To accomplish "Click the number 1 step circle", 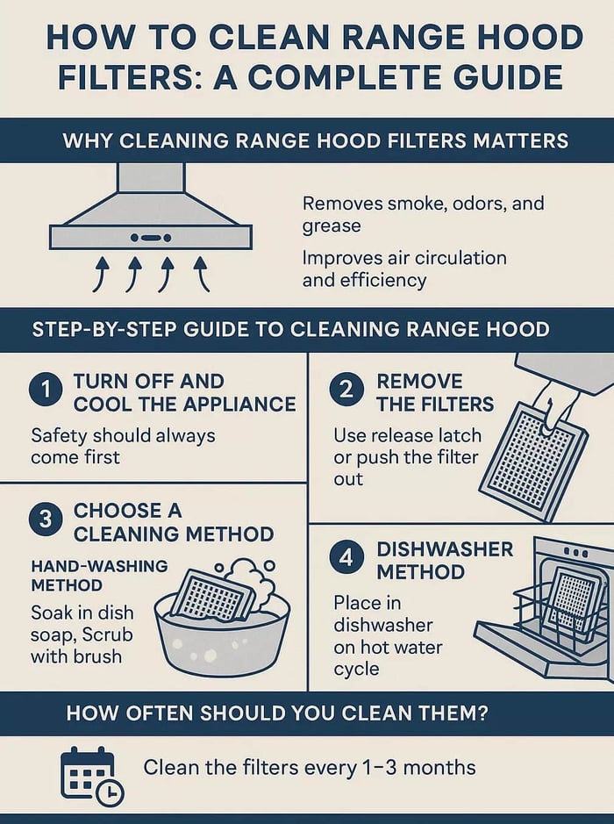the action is click(46, 390).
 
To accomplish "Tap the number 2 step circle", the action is click(346, 390).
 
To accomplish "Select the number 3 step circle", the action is click(46, 519).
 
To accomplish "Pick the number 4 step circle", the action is click(346, 557).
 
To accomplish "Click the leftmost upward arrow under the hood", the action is click(102, 274).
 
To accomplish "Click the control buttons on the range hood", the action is click(151, 238).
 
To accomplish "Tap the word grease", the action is click(332, 226).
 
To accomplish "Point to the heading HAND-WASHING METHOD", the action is click(99, 576).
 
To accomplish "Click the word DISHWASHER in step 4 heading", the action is click(445, 549).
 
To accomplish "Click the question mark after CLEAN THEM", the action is click(483, 713).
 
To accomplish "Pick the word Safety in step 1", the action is click(59, 436).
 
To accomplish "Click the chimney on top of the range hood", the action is click(151, 177).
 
